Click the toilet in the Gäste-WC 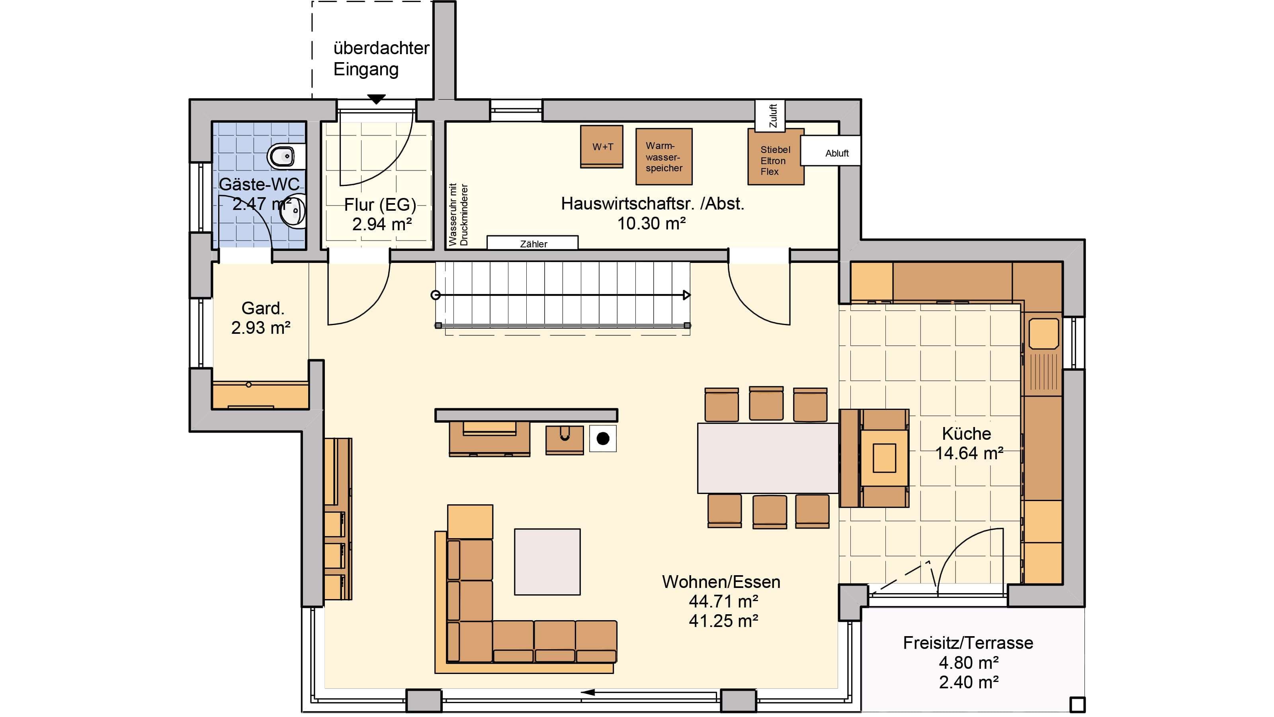click(286, 157)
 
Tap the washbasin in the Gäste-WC click(294, 212)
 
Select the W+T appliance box click(602, 147)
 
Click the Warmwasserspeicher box click(664, 157)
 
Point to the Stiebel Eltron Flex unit click(776, 157)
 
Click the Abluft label click(837, 153)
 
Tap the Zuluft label click(774, 116)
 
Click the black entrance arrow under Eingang click(376, 100)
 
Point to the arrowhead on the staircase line click(687, 296)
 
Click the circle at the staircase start click(436, 296)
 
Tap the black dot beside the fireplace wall click(603, 439)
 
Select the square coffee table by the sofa click(547, 562)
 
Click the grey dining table click(768, 458)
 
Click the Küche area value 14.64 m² click(969, 453)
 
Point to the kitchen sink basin click(1043, 333)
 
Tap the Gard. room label click(263, 308)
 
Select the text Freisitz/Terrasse click(968, 643)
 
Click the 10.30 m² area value click(651, 223)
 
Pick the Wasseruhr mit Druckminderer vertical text click(458, 215)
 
